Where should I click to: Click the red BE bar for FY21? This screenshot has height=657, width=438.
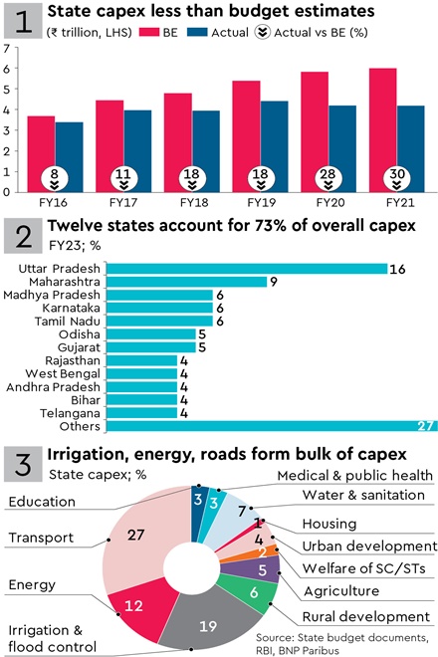tap(355, 129)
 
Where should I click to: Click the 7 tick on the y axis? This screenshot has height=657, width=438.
tap(9, 48)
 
